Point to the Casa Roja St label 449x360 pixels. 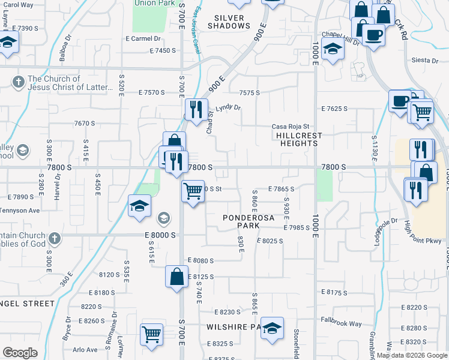(290, 127)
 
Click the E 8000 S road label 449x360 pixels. (160, 235)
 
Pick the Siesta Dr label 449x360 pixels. (426, 61)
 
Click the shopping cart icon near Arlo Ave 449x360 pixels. (151, 334)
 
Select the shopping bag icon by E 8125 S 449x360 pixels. (177, 277)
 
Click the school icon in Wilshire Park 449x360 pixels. (273, 328)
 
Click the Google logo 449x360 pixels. (20, 352)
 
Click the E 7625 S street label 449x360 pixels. (335, 109)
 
